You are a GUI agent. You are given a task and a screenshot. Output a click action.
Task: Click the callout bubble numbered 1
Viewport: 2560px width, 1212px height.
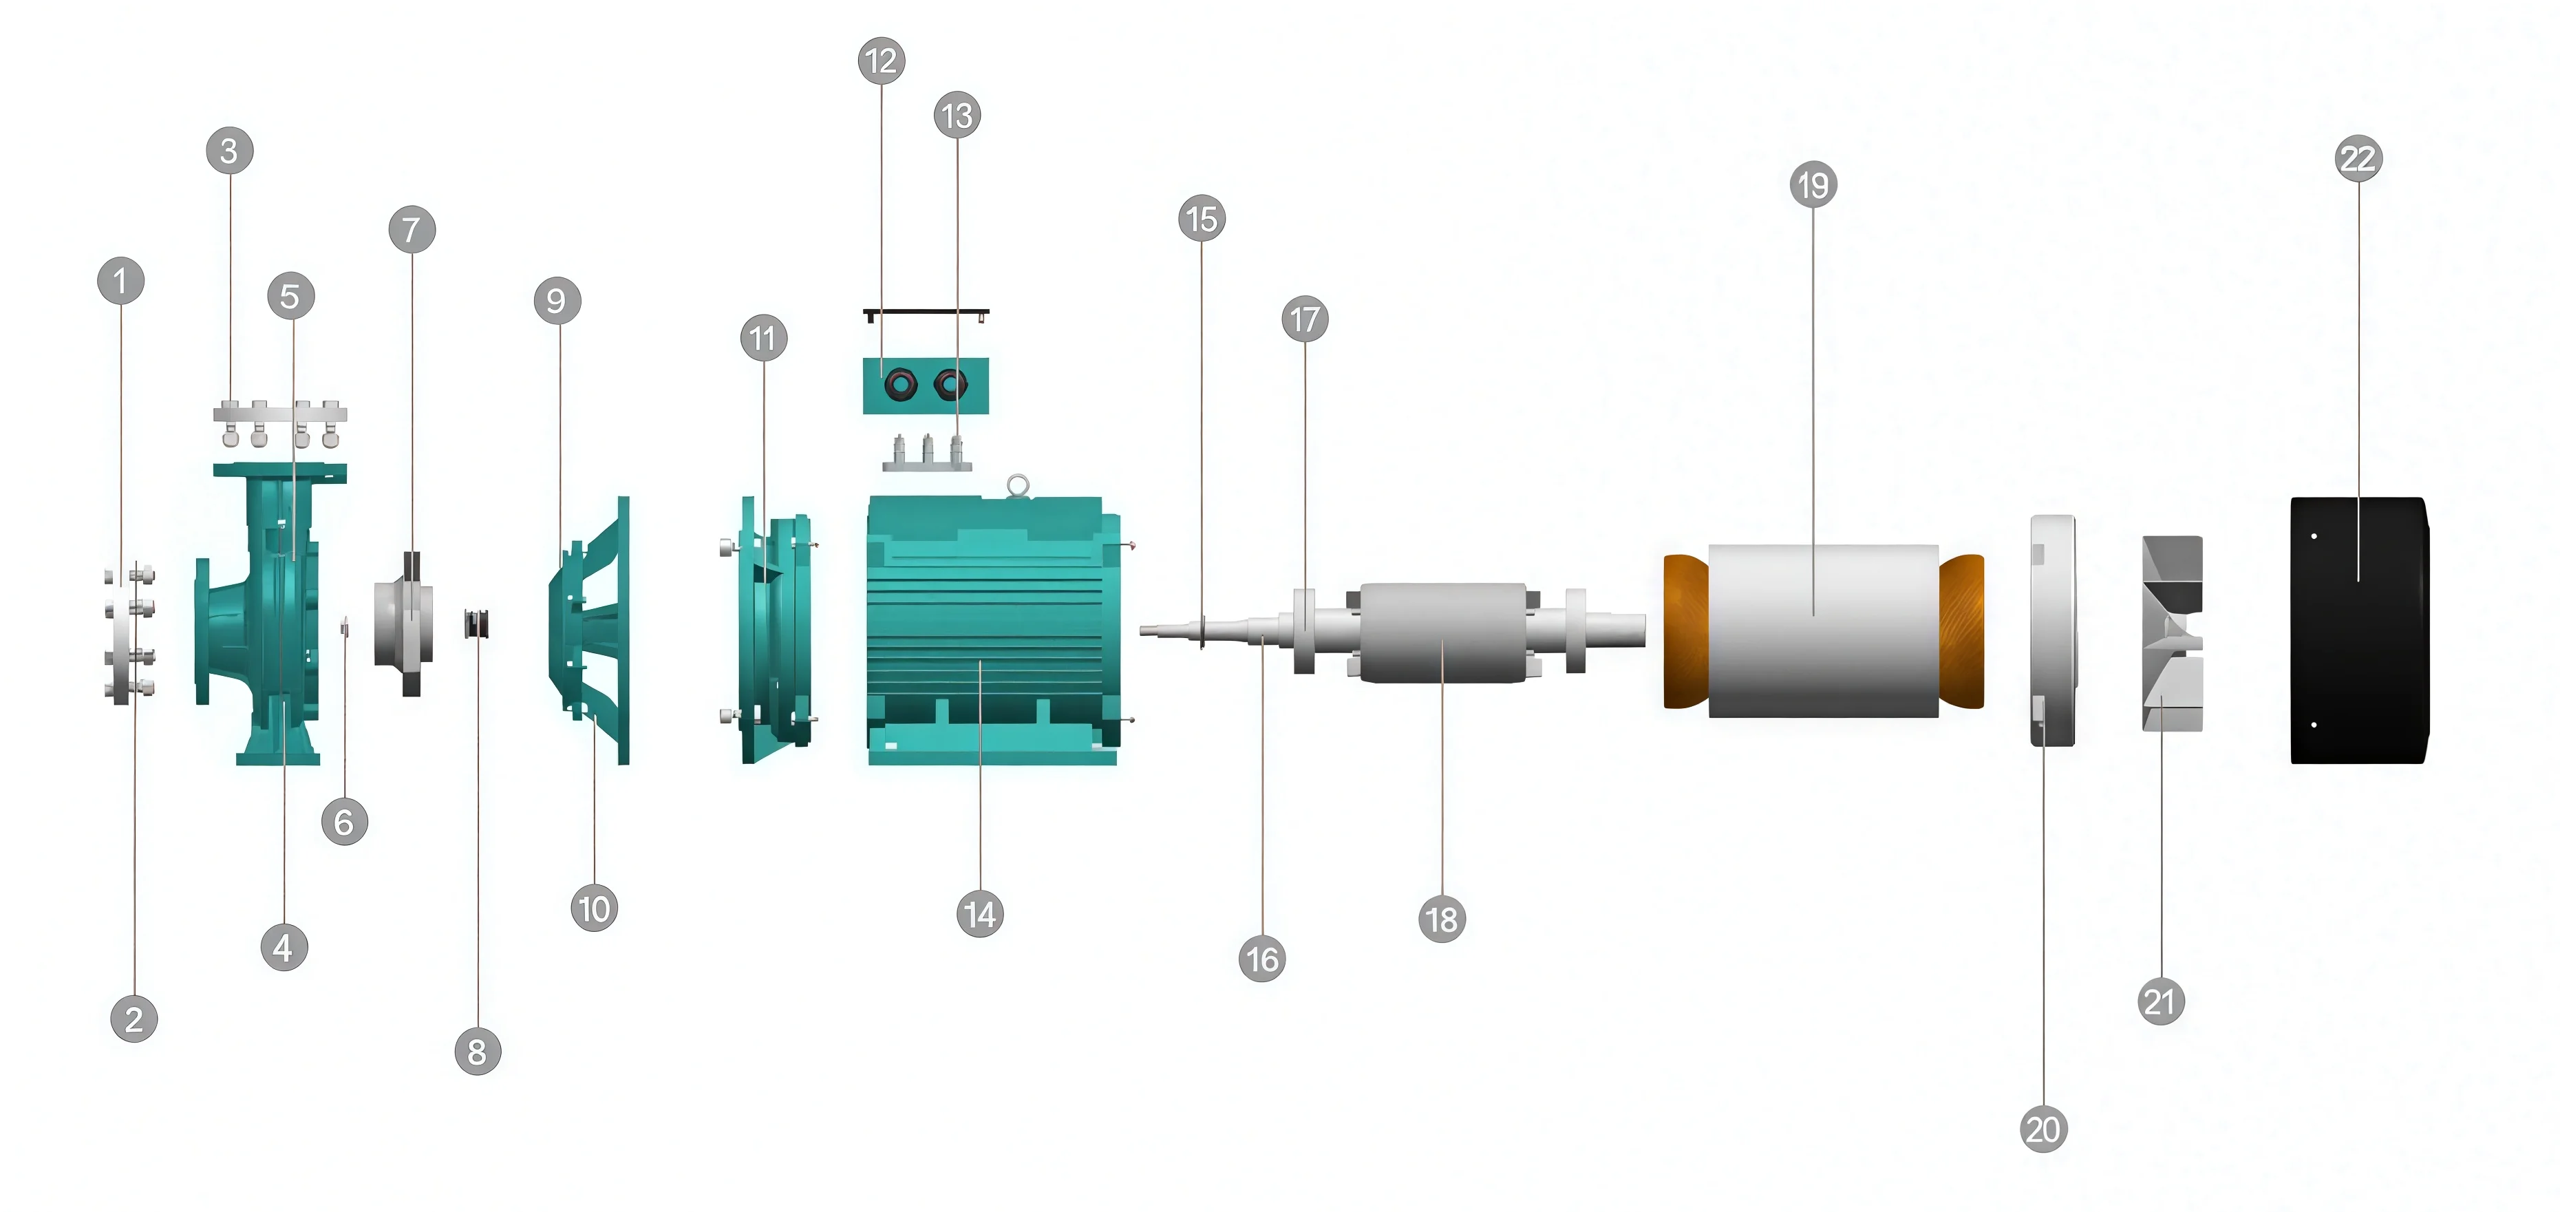point(121,281)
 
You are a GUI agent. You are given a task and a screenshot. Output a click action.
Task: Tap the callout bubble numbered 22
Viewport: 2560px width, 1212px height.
point(2358,159)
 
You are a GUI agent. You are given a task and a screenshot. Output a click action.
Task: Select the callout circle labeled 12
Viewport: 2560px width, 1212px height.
point(882,61)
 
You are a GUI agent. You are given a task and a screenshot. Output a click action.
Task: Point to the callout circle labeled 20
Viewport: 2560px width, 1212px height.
point(2045,1129)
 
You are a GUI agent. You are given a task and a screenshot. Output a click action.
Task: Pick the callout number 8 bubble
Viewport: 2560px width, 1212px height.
point(477,1051)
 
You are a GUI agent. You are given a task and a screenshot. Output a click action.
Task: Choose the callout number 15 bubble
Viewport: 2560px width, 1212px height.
point(1202,219)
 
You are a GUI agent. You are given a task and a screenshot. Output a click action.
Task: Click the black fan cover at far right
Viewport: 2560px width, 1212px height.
point(2359,630)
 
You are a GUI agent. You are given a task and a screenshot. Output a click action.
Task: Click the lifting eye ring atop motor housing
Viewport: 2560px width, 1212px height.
point(1016,485)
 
